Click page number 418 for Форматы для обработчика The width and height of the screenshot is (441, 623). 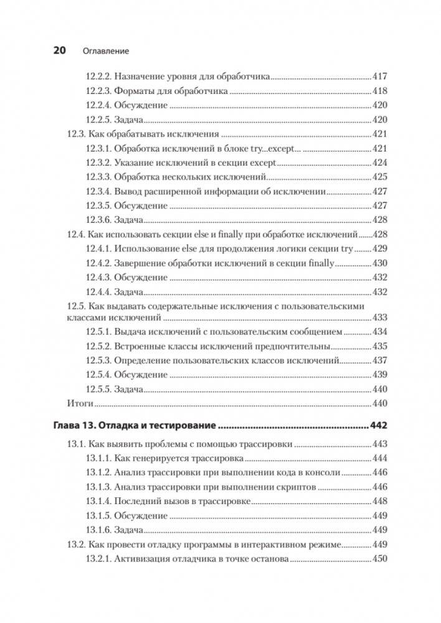click(x=379, y=91)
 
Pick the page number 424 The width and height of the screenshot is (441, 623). click(x=379, y=162)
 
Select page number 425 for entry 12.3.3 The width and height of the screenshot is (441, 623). click(x=379, y=177)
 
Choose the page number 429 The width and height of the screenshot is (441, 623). click(x=379, y=248)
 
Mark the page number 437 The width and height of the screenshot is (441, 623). click(x=379, y=360)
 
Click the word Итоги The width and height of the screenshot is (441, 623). click(x=80, y=403)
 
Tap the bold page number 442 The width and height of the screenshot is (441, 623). click(x=378, y=426)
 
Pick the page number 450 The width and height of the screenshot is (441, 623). click(x=379, y=559)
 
